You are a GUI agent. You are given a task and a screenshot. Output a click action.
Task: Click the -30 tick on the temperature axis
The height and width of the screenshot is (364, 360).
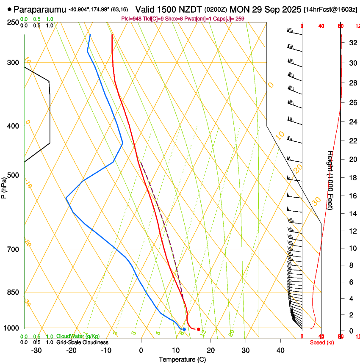(37, 350)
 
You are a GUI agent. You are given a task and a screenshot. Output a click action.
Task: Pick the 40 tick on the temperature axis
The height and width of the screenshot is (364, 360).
(280, 350)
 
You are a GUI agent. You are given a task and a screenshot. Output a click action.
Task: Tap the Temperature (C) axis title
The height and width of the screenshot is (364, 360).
(182, 359)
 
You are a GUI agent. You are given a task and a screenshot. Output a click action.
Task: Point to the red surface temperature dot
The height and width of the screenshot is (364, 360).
(198, 329)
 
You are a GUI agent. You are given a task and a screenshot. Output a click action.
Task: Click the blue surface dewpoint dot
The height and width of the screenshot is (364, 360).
(184, 329)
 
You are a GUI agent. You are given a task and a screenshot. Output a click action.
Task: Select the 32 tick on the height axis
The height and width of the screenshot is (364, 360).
(352, 43)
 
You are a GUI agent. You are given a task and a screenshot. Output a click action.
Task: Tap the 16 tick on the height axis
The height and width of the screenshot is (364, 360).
(352, 196)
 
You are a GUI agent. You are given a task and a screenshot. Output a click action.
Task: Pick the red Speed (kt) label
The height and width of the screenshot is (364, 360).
(322, 342)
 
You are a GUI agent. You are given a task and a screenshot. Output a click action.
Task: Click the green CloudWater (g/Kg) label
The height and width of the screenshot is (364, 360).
(78, 336)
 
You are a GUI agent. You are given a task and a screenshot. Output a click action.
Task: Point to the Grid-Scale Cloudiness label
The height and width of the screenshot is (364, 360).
(82, 342)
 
